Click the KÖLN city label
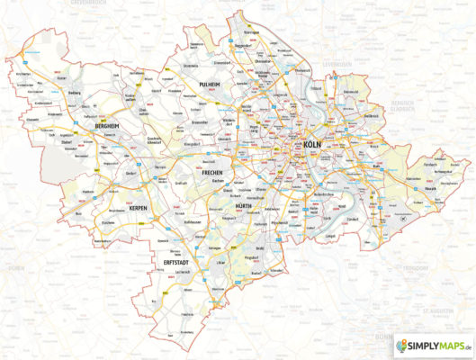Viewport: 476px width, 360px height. click(x=313, y=145)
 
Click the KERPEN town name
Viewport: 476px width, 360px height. click(x=139, y=209)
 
